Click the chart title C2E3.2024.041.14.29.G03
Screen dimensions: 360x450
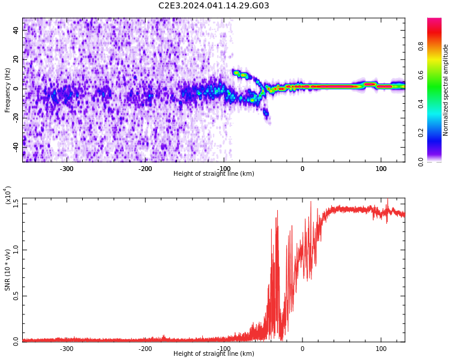pos(214,6)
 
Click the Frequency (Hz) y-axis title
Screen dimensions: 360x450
pos(8,90)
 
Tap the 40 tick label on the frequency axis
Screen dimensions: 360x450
pos(17,30)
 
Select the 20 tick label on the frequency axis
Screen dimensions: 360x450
pos(17,59)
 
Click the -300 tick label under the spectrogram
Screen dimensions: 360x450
pos(66,169)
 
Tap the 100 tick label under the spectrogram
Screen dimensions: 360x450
pos(381,169)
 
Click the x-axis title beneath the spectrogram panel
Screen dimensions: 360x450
pos(214,174)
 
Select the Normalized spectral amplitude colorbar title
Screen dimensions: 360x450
pos(446,90)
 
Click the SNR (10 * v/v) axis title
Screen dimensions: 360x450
pos(8,270)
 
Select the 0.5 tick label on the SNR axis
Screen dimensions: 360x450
pos(16,296)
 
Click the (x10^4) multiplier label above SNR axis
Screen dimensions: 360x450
pos(8,195)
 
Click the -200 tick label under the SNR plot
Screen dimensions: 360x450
pos(145,349)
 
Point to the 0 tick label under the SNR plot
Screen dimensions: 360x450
pos(302,349)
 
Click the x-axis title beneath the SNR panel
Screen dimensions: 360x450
pos(214,354)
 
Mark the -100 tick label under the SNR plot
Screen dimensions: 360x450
pos(224,349)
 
